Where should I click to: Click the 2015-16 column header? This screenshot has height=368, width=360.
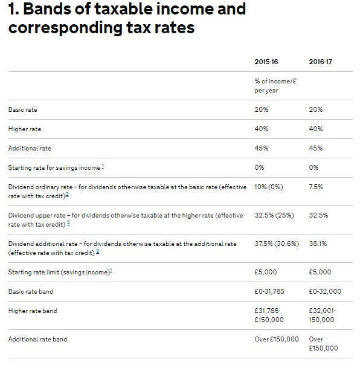266,62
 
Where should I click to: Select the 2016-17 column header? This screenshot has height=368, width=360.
320,62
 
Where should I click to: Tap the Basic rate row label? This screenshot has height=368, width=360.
22,109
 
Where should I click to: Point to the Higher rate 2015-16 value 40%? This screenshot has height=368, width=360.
262,129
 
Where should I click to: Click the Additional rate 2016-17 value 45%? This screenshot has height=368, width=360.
316,148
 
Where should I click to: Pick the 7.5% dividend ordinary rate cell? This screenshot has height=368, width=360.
316,187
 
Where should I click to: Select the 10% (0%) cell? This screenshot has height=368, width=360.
269,187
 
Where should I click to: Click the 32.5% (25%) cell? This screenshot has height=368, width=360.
274,215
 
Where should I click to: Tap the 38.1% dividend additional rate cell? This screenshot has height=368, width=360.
318,244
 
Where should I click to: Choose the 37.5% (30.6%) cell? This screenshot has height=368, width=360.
277,244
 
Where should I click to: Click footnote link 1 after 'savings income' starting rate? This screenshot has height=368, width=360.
103,166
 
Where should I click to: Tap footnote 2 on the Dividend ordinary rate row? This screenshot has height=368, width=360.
67,195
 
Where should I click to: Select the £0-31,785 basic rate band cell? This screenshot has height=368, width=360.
269,291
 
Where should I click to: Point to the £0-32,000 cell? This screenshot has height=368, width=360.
325,291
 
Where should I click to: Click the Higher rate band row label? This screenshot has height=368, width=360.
33,311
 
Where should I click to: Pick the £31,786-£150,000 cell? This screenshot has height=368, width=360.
269,315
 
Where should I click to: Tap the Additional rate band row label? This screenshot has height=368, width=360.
37,340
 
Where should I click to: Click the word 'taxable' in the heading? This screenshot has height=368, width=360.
123,9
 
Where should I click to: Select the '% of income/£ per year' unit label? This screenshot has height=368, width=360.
275,86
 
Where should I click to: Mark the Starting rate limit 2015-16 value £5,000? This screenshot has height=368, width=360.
266,272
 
